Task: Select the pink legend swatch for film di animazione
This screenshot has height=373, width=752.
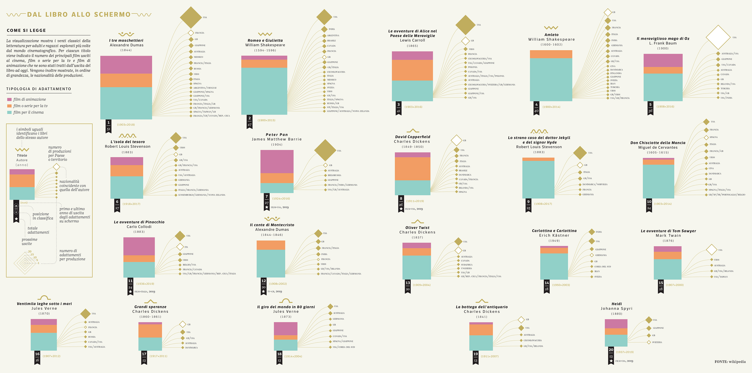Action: (x=9, y=100)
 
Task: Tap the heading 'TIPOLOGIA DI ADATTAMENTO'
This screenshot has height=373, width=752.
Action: (x=39, y=89)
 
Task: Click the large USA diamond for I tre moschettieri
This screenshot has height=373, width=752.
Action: (x=191, y=17)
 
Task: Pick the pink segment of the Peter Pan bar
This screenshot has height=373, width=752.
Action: (x=277, y=162)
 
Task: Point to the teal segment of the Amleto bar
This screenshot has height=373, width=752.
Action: (x=551, y=80)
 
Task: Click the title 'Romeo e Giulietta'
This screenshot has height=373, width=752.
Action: (x=265, y=41)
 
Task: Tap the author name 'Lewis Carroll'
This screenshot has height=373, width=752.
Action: (x=412, y=40)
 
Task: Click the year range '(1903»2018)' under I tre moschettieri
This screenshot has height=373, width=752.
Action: (x=126, y=125)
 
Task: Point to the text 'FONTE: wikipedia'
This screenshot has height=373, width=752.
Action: (x=730, y=362)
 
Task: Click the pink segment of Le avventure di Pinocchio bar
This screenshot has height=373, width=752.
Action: (x=139, y=246)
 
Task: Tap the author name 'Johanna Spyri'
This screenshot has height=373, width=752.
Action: (x=616, y=308)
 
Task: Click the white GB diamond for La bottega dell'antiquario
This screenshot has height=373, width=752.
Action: (x=521, y=320)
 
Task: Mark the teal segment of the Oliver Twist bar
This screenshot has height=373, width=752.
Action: (x=417, y=267)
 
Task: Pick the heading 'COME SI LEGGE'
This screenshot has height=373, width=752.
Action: (x=26, y=30)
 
